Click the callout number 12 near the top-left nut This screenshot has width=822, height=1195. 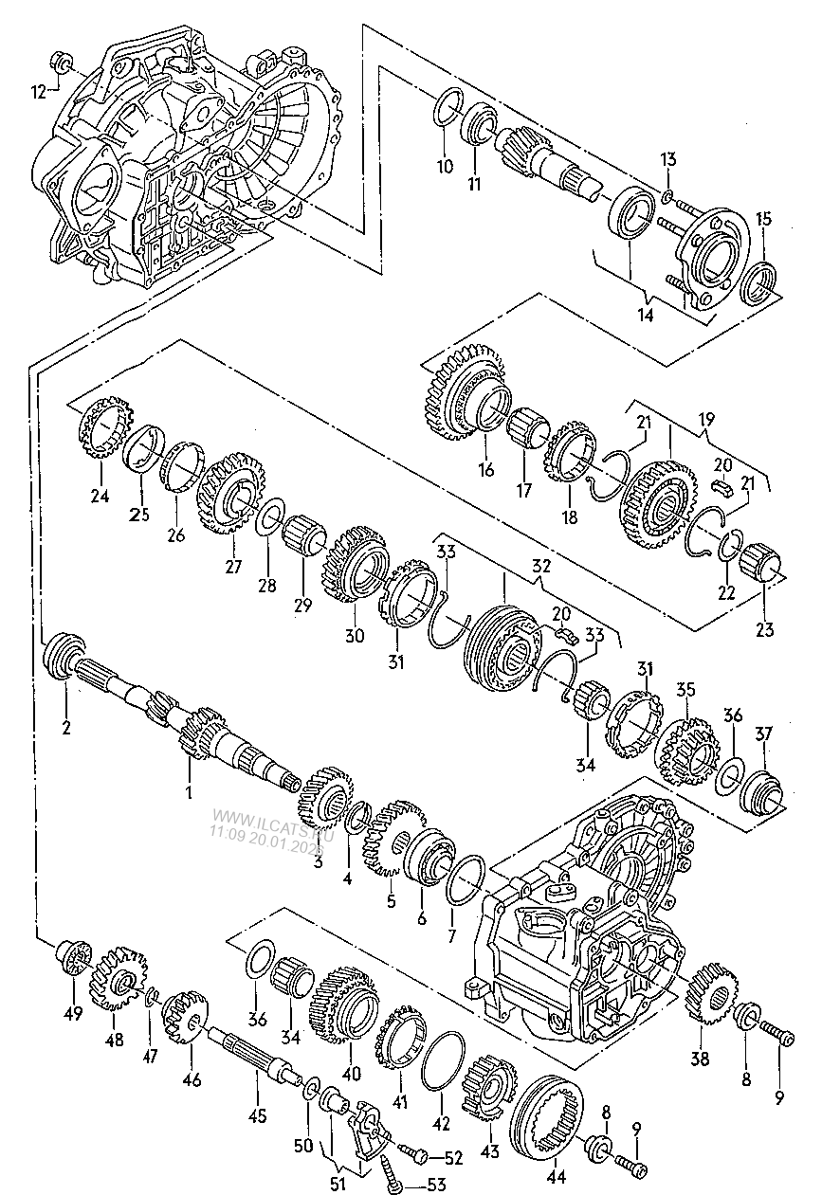coord(39,92)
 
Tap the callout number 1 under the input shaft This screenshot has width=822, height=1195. coord(188,791)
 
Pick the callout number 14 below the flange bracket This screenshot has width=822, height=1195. coord(646,316)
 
